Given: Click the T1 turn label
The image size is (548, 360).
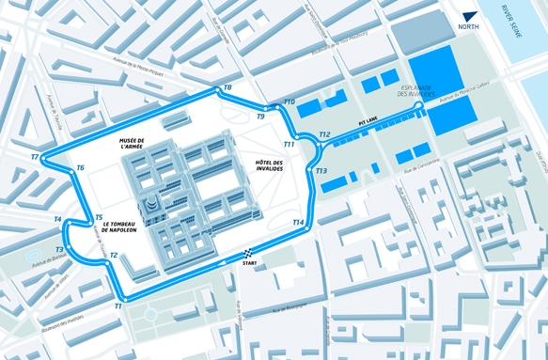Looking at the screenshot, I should (118, 306).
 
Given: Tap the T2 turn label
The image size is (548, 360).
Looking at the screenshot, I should (113, 255).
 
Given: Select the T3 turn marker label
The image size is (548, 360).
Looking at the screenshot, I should (59, 250).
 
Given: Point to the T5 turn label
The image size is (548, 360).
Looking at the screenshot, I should (99, 218).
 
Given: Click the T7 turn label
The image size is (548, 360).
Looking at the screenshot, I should (35, 157).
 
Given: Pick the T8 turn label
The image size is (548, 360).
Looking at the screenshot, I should (228, 88).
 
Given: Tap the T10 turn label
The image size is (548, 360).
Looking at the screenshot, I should (290, 102).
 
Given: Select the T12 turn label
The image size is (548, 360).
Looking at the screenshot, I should (323, 134).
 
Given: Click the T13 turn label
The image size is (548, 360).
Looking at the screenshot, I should (321, 171).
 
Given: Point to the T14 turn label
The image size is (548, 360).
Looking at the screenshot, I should (298, 223).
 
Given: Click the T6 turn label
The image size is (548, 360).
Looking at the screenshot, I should (80, 167).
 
